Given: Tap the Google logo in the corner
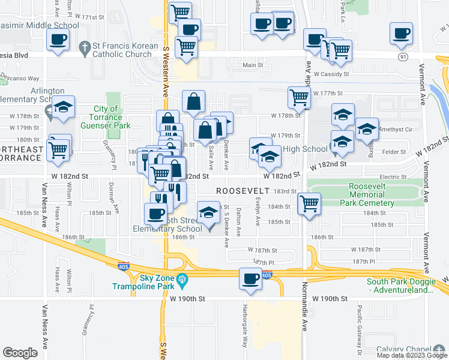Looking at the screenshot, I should coord(20,352).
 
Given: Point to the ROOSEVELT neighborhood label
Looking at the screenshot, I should coord(241,190).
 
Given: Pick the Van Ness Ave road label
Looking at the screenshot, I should coord(45,326).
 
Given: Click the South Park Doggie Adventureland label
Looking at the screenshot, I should coord(400,286).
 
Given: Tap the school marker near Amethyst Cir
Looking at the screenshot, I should coord(367,129).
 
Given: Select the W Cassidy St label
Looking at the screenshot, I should coord(331,74).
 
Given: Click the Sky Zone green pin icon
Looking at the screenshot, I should coord(182,278).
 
